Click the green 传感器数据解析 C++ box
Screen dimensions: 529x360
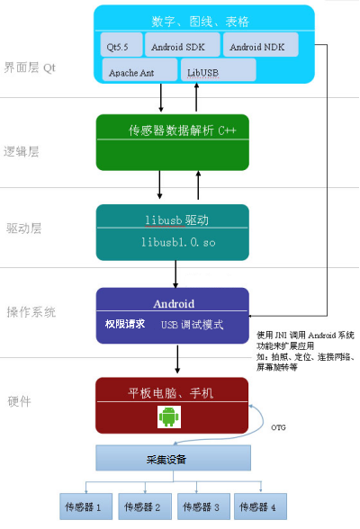coord(184,140)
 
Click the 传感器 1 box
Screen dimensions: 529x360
coord(86,507)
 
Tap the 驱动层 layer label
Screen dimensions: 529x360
coord(23,228)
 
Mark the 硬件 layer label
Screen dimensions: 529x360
coord(19,399)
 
